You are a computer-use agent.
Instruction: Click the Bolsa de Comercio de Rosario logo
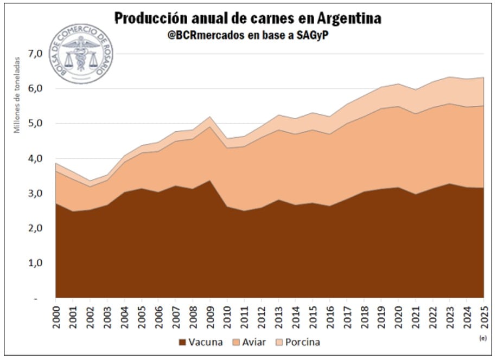click(x=81, y=54)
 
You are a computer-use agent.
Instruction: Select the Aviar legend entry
click(x=249, y=342)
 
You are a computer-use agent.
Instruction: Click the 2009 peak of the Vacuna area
click(x=209, y=181)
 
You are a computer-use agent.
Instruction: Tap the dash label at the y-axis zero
click(x=36, y=298)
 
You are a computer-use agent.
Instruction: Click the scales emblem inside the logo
click(x=81, y=54)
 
